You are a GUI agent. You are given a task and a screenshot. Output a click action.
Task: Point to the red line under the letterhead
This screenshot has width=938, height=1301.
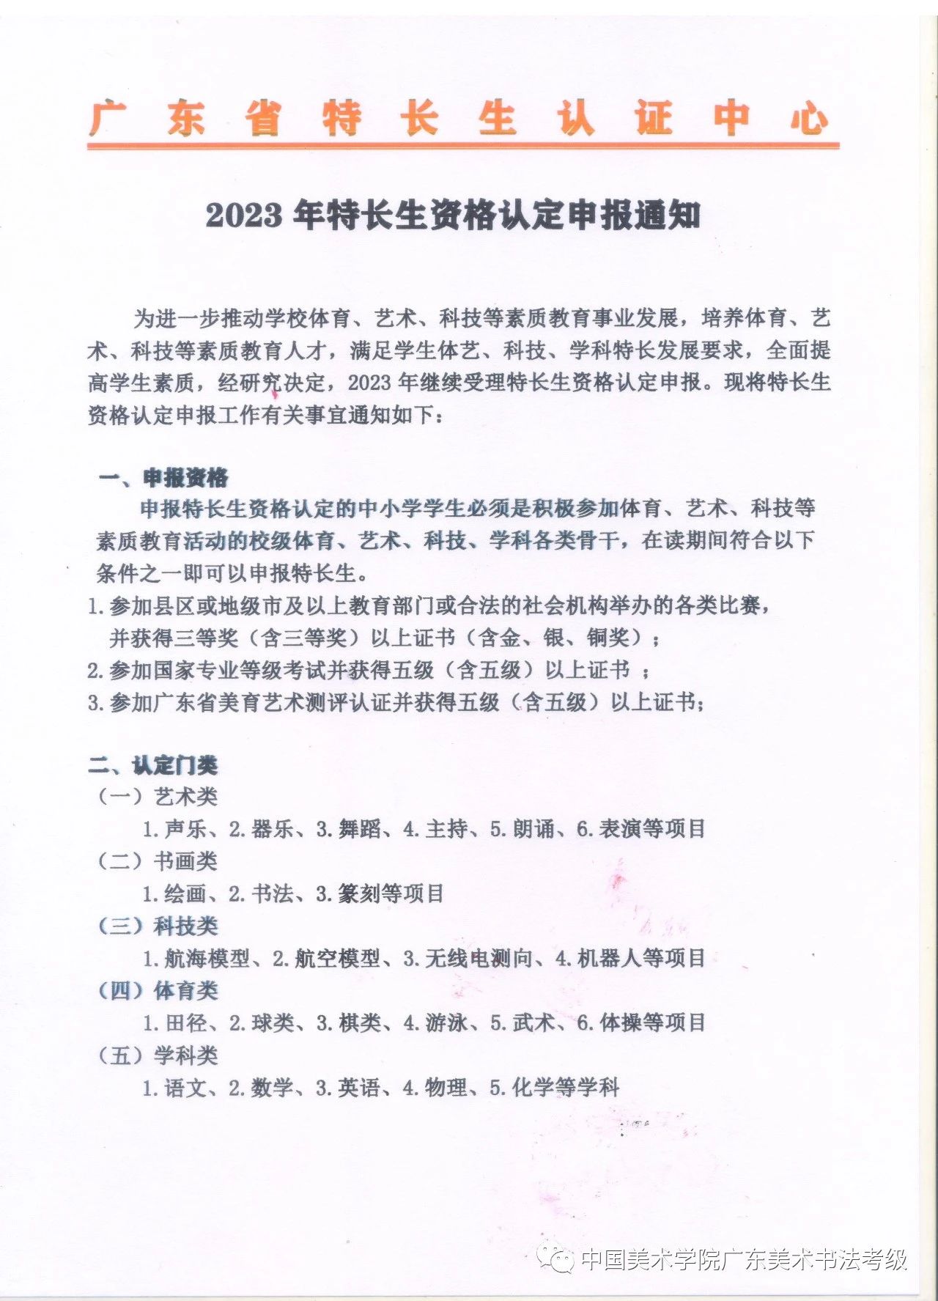[462, 146]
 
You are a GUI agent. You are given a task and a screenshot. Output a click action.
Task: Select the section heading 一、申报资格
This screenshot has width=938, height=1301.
[163, 478]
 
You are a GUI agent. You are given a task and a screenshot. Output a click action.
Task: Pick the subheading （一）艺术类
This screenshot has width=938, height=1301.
[158, 797]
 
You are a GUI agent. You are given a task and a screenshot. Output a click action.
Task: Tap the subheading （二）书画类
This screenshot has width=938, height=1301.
[158, 861]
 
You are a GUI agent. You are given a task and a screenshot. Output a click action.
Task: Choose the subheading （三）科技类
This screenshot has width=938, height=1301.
[158, 926]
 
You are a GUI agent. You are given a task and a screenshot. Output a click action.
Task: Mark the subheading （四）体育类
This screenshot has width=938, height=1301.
[158, 990]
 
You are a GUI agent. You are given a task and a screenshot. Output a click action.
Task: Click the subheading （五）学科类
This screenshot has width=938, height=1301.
[158, 1055]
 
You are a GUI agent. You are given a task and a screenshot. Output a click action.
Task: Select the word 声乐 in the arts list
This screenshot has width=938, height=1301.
[185, 829]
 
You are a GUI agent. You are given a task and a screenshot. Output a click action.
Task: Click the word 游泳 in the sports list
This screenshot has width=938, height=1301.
[446, 1022]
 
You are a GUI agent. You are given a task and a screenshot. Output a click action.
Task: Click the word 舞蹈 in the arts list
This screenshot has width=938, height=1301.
[359, 829]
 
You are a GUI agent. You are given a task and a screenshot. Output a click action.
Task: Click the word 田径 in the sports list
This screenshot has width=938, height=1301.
[185, 1022]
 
